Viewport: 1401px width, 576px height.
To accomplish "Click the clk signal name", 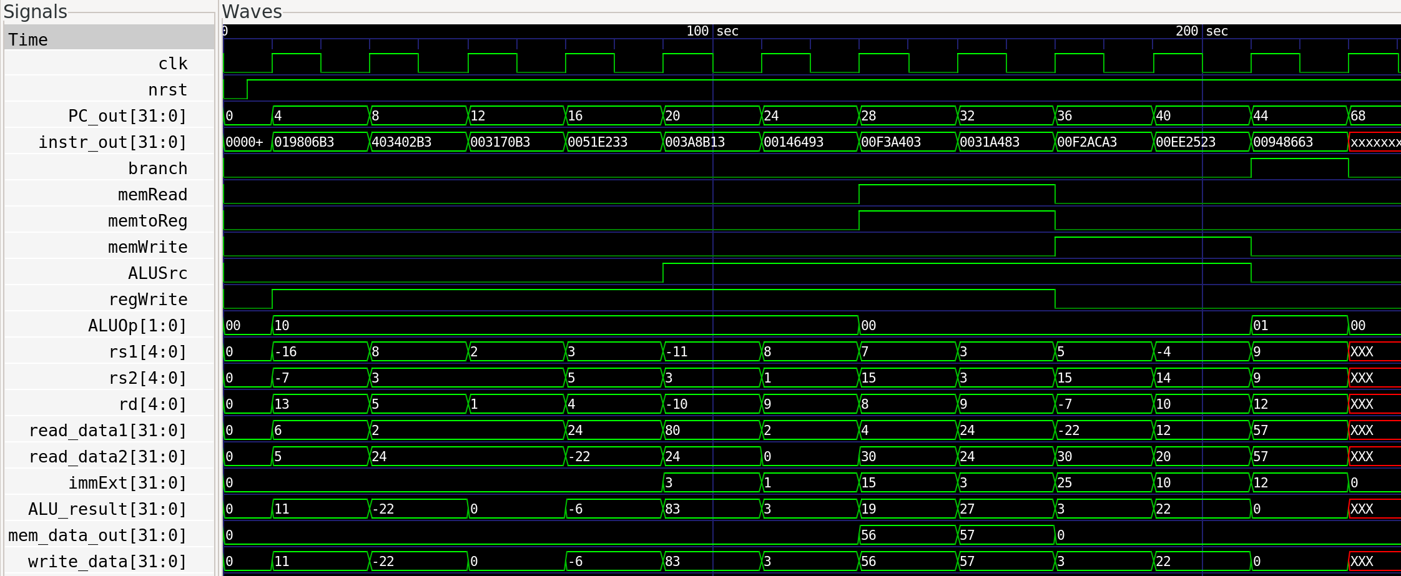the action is pos(173,64).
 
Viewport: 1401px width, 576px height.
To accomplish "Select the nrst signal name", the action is pos(168,90).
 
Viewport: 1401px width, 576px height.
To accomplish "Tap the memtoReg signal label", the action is pos(148,221).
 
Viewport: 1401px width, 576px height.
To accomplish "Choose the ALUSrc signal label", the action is pos(158,273).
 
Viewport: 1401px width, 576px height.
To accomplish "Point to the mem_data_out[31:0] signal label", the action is pos(97,535).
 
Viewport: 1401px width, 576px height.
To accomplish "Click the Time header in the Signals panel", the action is pos(28,40).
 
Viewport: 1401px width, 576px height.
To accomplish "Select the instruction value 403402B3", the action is pos(401,142).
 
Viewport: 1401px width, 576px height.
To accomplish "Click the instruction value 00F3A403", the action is pos(891,142).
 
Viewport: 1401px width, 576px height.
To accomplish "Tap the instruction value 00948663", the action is pos(1283,142).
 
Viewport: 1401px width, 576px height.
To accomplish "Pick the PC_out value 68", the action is pos(1357,116).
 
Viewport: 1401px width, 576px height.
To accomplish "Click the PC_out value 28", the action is pos(868,116).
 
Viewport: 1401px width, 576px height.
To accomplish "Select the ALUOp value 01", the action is pos(1261,326).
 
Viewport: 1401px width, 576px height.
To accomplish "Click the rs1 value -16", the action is pos(286,352).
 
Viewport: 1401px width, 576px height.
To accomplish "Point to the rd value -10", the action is pos(676,404).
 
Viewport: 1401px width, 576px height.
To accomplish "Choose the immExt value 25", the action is pos(1064,483).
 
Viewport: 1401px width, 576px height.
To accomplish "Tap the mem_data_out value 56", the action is pos(868,535).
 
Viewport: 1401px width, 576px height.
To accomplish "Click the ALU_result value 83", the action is pos(672,509).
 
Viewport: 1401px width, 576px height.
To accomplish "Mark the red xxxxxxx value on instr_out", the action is pos(1375,142).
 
